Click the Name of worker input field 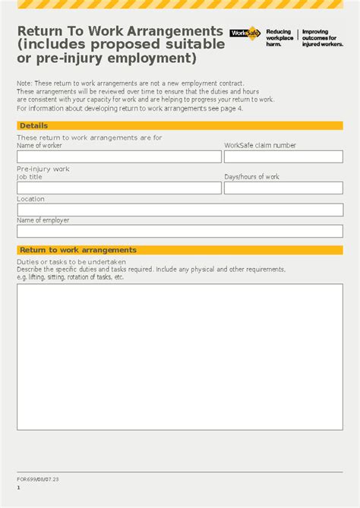coord(119,156)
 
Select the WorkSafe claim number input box coord(283,156)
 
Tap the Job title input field coord(119,188)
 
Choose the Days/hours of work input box coord(283,188)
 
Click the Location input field coord(179,210)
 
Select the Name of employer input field coord(179,231)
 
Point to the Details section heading coord(33,125)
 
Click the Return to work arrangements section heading coord(78,250)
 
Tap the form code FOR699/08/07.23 coord(38,479)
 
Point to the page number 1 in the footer coord(19,487)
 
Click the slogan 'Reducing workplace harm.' coord(279,38)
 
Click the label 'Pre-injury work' coord(43,169)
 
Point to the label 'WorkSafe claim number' coord(260,145)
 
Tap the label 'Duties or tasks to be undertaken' coord(65,261)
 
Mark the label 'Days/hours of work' coord(251,177)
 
